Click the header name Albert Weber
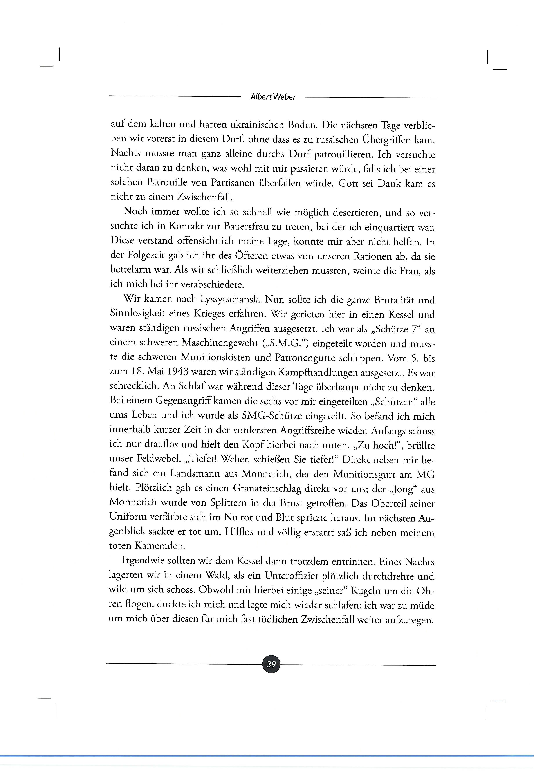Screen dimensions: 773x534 273,97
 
